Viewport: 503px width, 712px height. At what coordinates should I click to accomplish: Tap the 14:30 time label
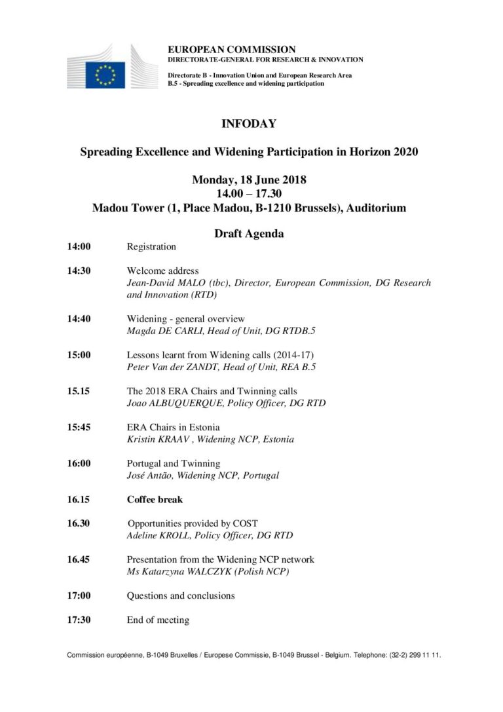79,271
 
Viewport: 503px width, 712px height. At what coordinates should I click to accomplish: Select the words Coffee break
155,499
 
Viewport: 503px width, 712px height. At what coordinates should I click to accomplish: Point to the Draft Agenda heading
249,233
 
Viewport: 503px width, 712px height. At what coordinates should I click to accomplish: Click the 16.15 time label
79,499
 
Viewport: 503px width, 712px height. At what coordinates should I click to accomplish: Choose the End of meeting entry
158,620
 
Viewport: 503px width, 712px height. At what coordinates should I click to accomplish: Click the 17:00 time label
79,595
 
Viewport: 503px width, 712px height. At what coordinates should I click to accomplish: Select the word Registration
151,247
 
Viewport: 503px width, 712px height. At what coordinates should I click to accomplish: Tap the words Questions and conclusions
181,595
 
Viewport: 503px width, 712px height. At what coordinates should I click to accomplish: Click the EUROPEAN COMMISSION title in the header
231,49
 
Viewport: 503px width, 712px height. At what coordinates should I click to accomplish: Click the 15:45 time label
79,427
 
